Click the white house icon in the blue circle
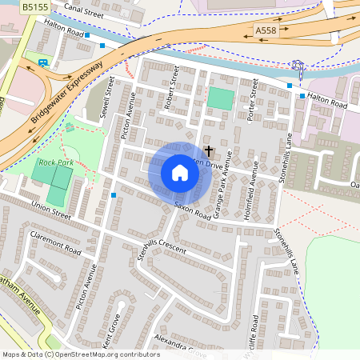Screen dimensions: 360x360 (180, 173)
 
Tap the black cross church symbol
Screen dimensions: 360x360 (210, 150)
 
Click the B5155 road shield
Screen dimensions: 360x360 (35, 6)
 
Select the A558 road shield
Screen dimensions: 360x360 (266, 30)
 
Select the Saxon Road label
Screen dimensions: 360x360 (192, 211)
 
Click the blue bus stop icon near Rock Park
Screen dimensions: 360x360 (114, 195)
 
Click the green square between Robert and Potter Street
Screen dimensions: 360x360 (220, 99)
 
